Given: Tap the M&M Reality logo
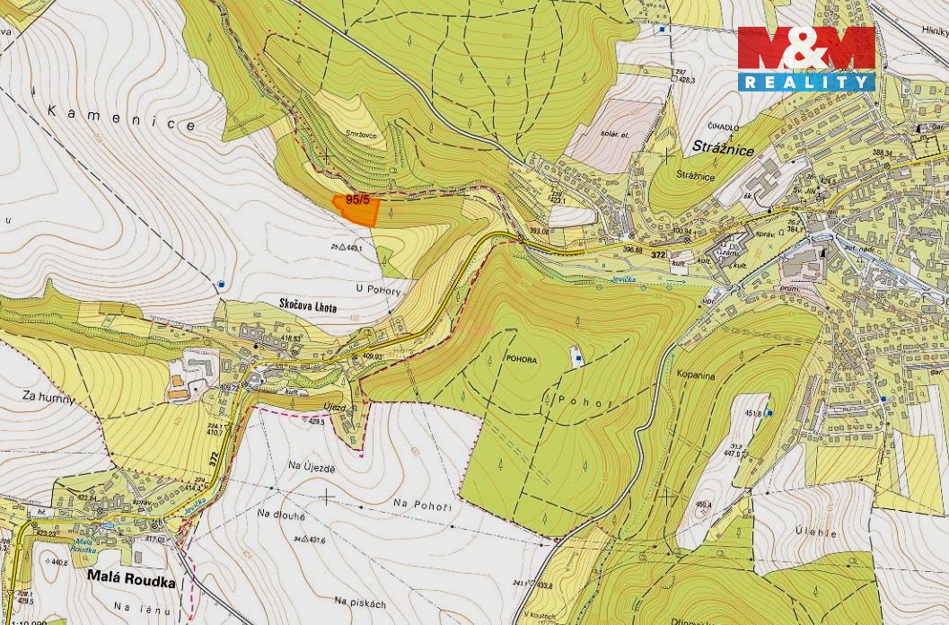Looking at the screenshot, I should coord(805,58).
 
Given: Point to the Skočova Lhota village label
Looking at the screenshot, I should coord(308,308).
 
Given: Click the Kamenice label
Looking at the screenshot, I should coord(120,119).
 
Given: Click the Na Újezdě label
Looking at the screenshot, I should coord(312,468).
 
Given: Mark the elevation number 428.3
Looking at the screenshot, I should coord(686,80).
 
